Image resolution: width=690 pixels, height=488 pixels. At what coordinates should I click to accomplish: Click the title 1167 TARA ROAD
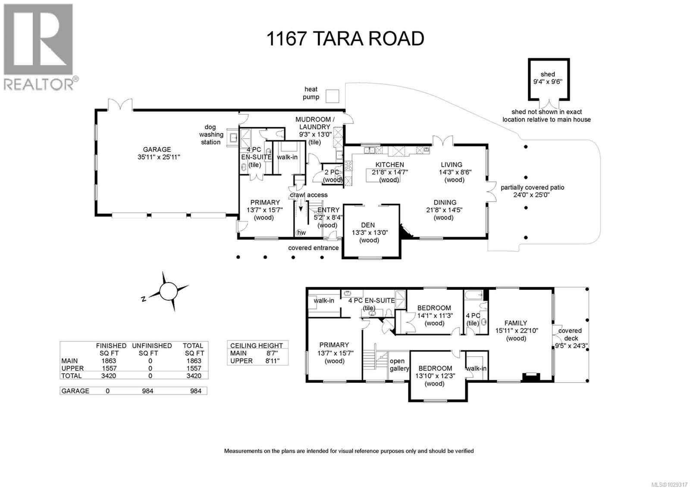click(x=345, y=38)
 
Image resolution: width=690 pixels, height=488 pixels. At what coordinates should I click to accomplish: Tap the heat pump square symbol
click(x=332, y=96)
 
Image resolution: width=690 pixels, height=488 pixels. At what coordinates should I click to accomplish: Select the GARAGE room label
click(x=157, y=150)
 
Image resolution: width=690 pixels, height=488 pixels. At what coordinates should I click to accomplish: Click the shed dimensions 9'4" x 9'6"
click(x=547, y=82)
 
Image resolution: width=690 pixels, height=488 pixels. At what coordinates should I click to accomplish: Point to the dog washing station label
click(x=211, y=134)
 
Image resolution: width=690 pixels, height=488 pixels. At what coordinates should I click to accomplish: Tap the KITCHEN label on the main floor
click(x=389, y=165)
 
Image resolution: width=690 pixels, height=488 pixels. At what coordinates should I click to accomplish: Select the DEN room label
click(x=368, y=225)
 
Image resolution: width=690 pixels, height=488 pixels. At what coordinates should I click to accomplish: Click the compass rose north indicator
click(x=169, y=291)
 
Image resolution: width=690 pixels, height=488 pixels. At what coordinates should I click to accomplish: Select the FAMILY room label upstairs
click(x=516, y=323)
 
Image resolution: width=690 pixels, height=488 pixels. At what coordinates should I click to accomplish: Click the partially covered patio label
click(x=532, y=187)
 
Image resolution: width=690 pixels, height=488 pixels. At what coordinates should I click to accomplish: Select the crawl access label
click(x=308, y=195)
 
